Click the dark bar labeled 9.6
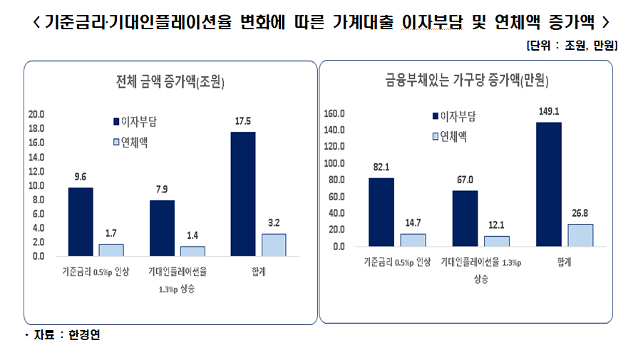[x=81, y=221]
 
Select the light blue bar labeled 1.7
[x=110, y=250]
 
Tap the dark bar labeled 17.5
[x=243, y=193]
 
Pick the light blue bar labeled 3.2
[x=273, y=245]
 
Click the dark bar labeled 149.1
[x=548, y=184]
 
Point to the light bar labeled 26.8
[x=580, y=235]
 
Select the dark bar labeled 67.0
[x=465, y=218]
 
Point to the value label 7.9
[x=162, y=189]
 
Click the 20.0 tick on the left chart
[x=35, y=114]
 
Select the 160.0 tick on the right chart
[x=334, y=113]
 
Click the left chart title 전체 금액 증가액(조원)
[x=170, y=81]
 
